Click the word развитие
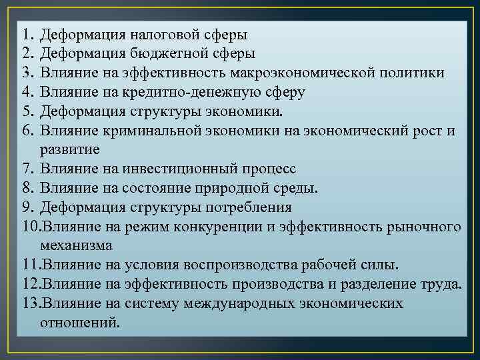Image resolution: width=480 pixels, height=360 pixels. pos(69,148)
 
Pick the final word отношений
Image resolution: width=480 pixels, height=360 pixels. pos(81,322)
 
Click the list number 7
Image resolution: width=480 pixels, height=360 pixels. pos(27,169)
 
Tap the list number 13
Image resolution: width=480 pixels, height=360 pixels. pos(30,305)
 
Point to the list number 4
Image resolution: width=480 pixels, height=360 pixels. pos(27,92)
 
